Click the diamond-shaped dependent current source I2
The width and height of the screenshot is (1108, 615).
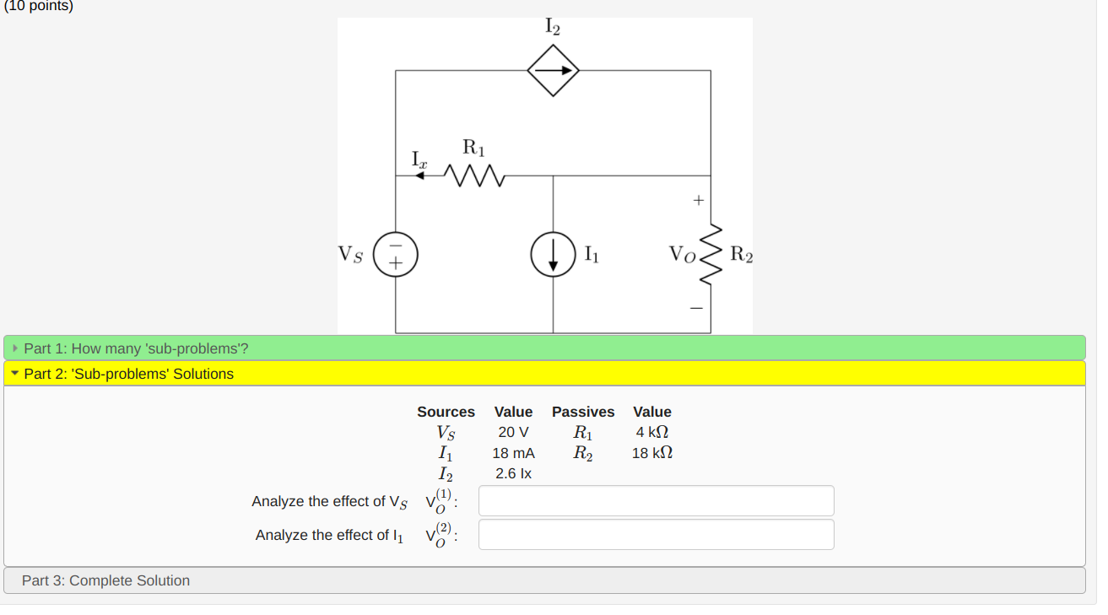[553, 70]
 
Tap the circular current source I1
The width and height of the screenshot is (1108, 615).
[553, 254]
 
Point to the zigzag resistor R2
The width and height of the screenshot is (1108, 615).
[711, 254]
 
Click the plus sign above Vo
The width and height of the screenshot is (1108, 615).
[698, 202]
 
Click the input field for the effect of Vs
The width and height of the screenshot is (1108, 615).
[656, 501]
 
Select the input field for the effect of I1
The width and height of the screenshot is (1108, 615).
[656, 535]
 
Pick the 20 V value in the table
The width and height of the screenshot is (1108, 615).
[513, 433]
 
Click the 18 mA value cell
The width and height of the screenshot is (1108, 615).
[513, 453]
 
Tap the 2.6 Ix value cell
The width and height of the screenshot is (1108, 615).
[513, 473]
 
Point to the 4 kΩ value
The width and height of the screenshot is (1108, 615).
[652, 433]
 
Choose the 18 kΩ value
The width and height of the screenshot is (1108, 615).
[652, 453]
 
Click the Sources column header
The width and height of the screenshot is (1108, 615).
[446, 412]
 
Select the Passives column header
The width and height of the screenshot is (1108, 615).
[583, 412]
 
